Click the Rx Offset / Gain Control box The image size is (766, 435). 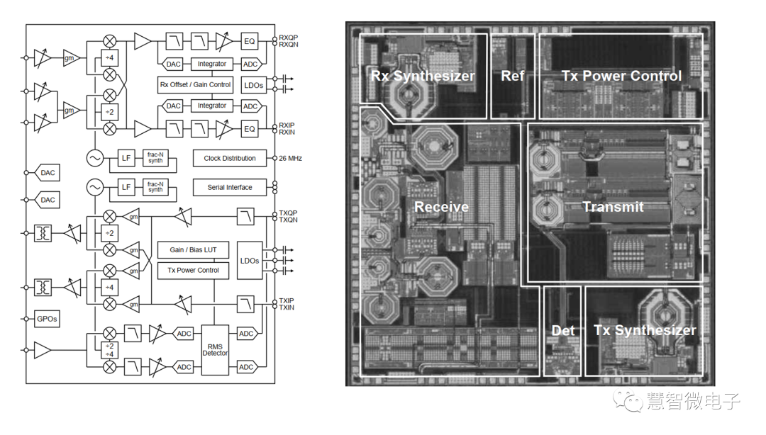195,84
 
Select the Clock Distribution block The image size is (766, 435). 229,158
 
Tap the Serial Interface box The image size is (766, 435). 229,188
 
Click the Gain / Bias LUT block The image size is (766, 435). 193,250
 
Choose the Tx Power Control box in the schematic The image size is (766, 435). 193,270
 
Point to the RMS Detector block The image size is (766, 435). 215,349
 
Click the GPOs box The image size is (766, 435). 47,319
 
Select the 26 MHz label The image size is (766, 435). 291,158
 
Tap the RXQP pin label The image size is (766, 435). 288,38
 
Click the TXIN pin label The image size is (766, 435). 287,307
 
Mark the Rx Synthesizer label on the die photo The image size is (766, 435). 423,76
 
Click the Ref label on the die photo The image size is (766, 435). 512,76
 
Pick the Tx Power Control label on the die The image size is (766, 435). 621,76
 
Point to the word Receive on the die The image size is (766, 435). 441,207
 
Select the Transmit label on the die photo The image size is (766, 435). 613,207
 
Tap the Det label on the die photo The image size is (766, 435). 563,331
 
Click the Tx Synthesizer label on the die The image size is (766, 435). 645,331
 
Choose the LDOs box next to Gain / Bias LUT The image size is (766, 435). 250,261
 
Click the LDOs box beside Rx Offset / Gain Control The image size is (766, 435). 254,85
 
